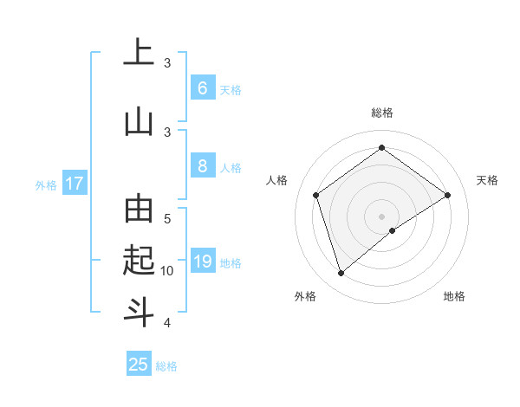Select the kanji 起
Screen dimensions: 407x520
139,259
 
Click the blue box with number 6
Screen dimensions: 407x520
202,88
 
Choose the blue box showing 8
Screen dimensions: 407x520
202,167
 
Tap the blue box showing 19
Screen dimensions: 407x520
202,262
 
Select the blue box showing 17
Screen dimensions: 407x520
75,184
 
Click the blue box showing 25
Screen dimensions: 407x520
139,365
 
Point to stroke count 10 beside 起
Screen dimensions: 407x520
167,271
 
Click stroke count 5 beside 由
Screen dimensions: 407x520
167,219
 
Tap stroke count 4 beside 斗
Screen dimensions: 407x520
167,323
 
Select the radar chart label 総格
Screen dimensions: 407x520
381,113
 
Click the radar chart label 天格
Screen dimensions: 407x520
487,180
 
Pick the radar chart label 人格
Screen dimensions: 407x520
277,180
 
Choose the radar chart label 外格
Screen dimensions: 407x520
305,297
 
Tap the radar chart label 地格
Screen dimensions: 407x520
454,297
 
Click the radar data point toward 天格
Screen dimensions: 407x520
447,195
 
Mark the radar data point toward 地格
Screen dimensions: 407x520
393,230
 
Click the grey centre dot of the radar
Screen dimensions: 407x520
381,215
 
